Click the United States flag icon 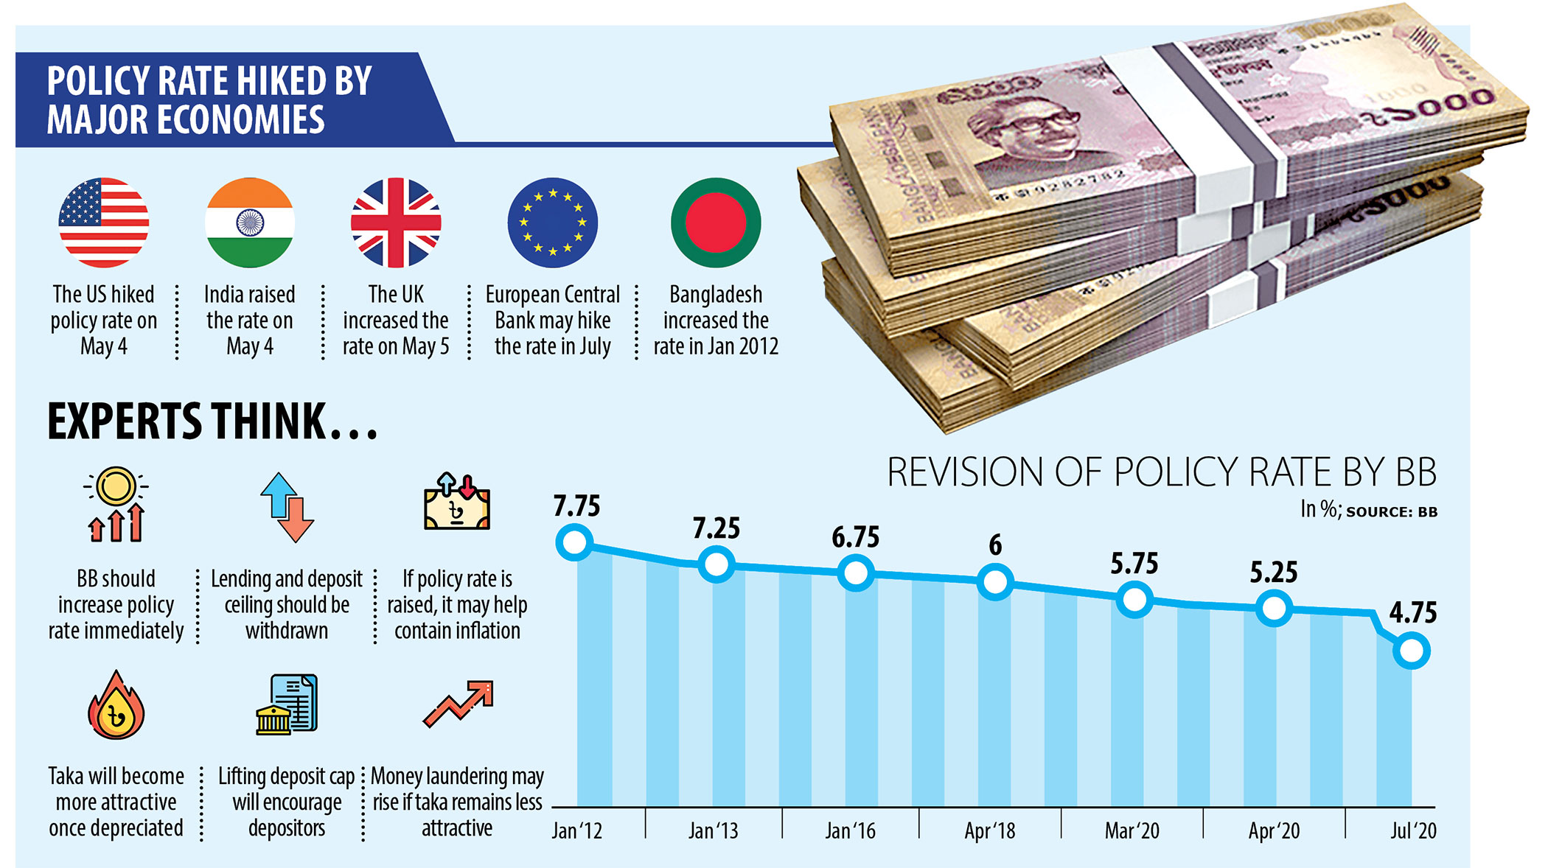[x=104, y=223]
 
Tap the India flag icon [x=250, y=223]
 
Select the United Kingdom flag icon [x=396, y=223]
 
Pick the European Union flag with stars [x=553, y=223]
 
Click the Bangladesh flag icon [x=716, y=223]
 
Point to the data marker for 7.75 [x=575, y=543]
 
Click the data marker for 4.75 [x=1412, y=651]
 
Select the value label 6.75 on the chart [x=855, y=537]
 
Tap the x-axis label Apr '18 [x=989, y=831]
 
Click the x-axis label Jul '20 [x=1412, y=831]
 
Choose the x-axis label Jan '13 [x=713, y=831]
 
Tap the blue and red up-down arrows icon [x=287, y=508]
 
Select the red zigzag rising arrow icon [x=458, y=704]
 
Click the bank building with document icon [x=287, y=704]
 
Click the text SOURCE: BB [x=1391, y=512]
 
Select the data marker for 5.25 [x=1273, y=609]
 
